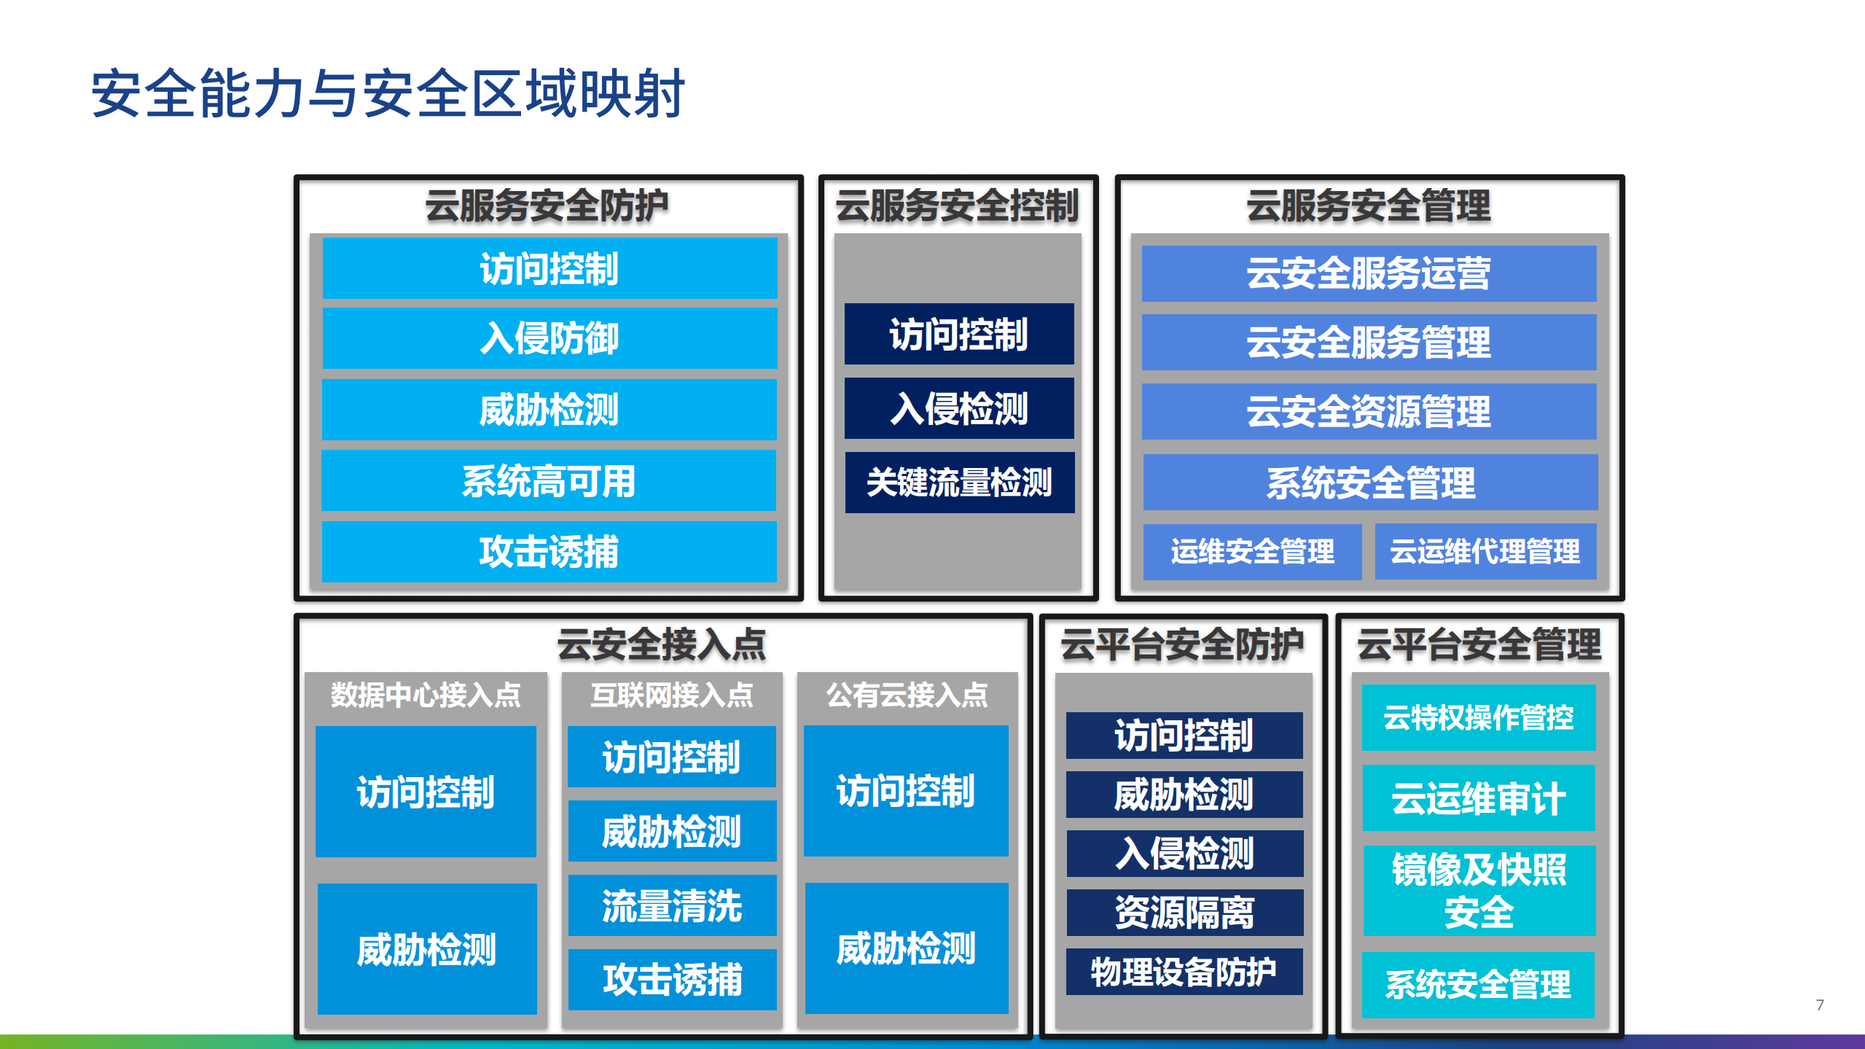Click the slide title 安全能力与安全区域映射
[387, 93]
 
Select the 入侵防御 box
[550, 338]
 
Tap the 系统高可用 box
[549, 481]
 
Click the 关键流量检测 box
[959, 483]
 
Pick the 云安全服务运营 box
[1369, 273]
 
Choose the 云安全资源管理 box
[1369, 412]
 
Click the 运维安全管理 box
[1252, 552]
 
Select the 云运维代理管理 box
[1485, 552]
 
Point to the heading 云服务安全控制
[957, 206]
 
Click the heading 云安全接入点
[662, 644]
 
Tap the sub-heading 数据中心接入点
[426, 695]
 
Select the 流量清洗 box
[672, 905]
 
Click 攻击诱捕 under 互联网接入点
[672, 979]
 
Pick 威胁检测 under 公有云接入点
[906, 948]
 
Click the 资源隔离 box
[1184, 912]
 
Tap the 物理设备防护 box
[1184, 972]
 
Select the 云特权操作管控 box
[1479, 718]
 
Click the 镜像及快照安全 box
[1479, 890]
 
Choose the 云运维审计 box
[1479, 798]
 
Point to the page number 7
[1820, 1005]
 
